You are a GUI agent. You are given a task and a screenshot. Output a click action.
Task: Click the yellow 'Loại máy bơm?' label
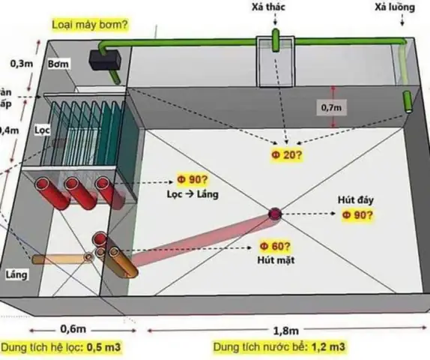89,24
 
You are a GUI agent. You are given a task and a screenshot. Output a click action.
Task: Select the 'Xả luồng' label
392,7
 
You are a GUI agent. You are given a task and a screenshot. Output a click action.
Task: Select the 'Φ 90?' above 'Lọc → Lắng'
192,180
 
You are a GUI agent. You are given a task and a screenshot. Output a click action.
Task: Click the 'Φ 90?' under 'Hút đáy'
358,214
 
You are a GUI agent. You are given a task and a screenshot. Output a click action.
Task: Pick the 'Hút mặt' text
273,259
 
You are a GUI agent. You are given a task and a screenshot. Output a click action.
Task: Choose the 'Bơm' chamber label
58,64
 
